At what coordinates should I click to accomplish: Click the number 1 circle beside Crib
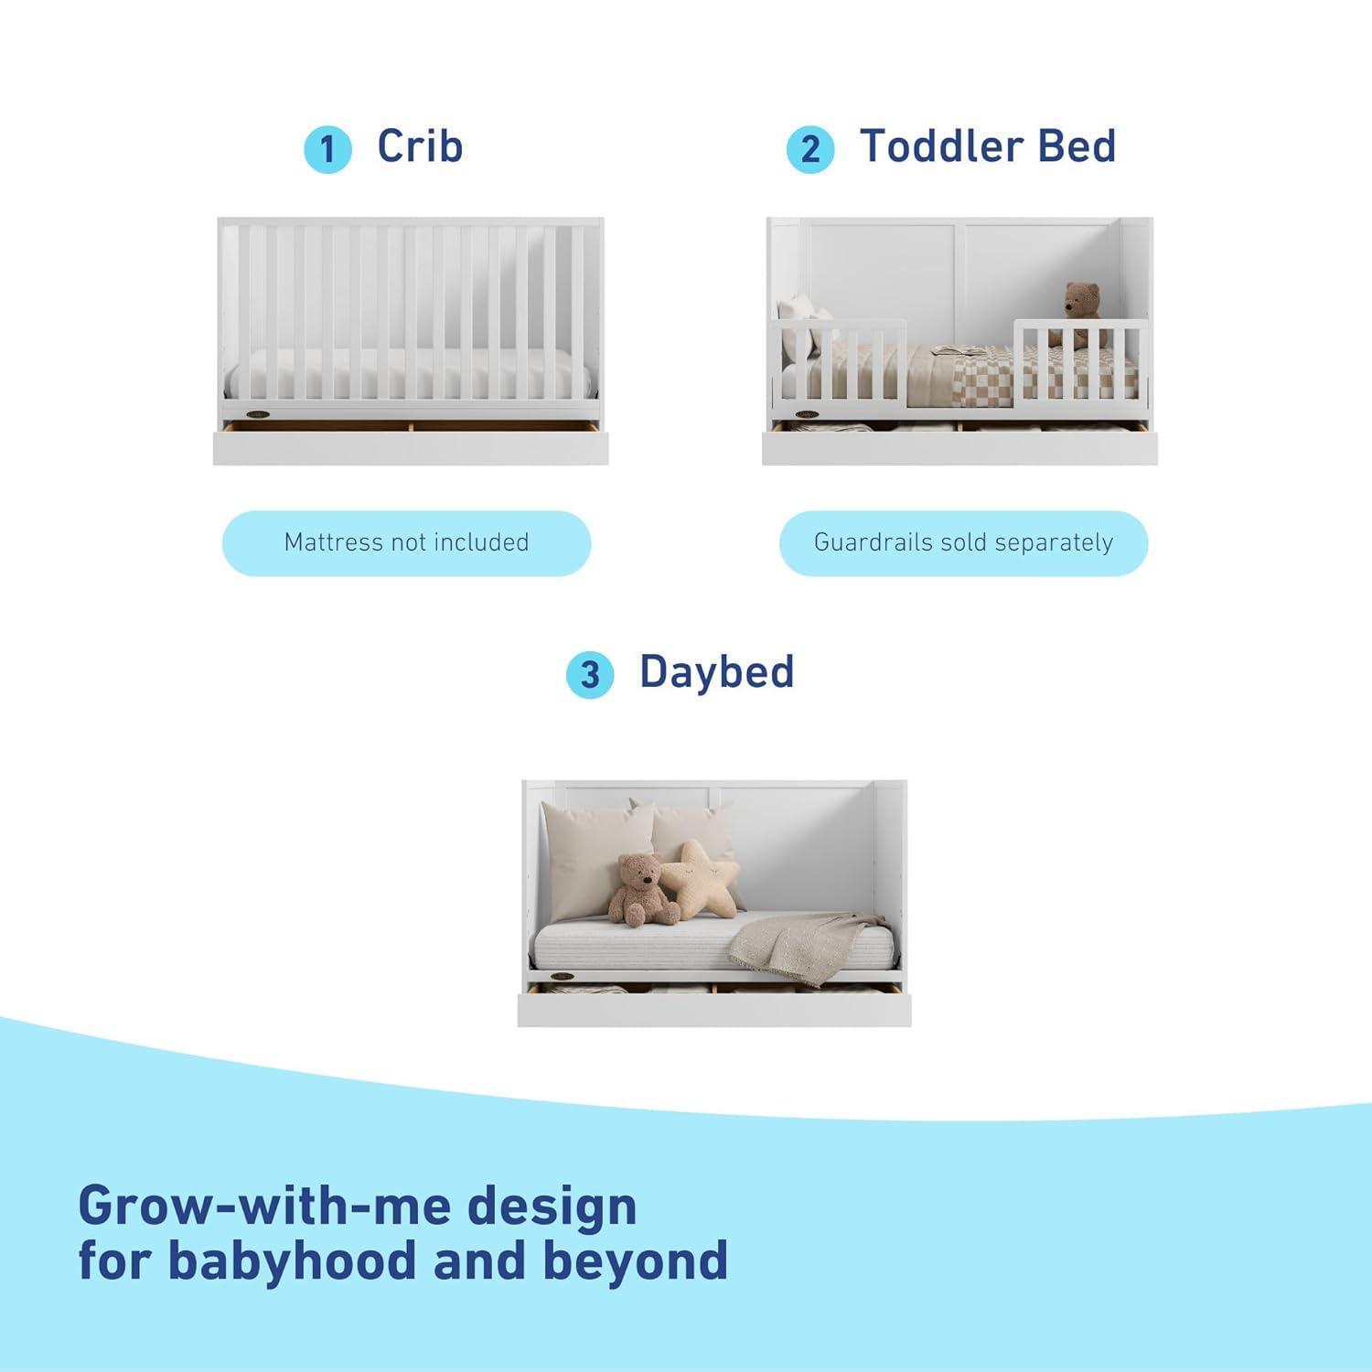click(x=327, y=149)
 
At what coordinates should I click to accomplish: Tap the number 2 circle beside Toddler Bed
click(x=810, y=149)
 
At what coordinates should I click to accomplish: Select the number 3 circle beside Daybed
click(x=590, y=675)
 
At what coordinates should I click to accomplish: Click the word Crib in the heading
click(x=420, y=146)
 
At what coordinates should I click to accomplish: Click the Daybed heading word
click(x=716, y=671)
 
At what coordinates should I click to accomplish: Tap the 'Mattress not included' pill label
click(x=406, y=542)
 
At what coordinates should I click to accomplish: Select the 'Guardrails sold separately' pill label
click(x=963, y=542)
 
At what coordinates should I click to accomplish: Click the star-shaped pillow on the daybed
click(x=700, y=880)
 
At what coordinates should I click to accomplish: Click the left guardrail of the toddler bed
click(x=839, y=361)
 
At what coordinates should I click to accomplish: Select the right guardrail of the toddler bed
click(x=1079, y=361)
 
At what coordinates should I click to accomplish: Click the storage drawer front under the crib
click(x=411, y=447)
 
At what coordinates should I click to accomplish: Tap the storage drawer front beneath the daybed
click(x=714, y=1009)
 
